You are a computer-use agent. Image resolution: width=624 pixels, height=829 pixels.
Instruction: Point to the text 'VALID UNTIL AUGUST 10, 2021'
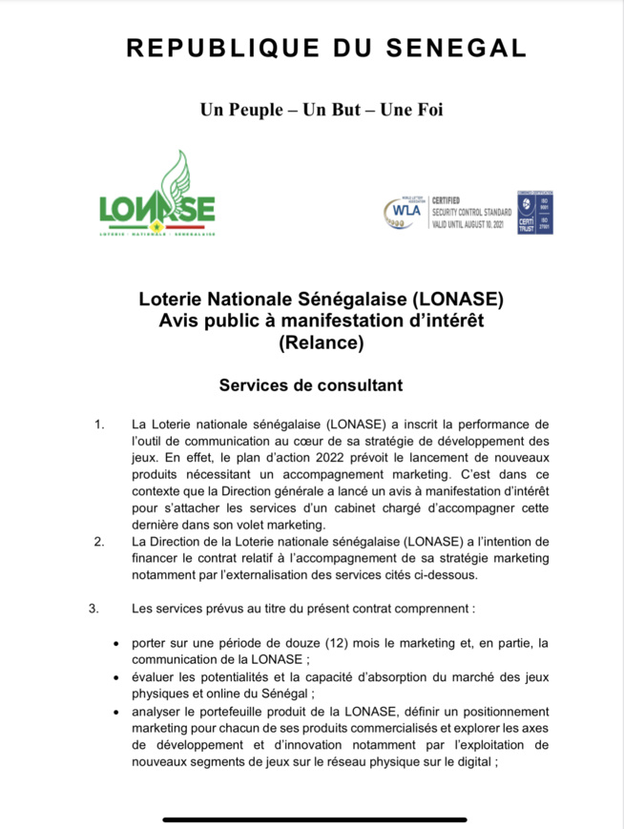click(x=471, y=218)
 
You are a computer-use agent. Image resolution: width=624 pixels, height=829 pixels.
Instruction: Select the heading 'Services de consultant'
click(x=311, y=385)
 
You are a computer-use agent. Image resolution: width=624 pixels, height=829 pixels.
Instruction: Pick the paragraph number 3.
click(x=94, y=608)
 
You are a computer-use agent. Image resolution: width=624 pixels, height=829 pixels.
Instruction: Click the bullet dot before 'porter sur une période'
click(x=116, y=645)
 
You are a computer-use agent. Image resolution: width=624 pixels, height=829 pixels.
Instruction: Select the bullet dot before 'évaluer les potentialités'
click(x=116, y=678)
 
